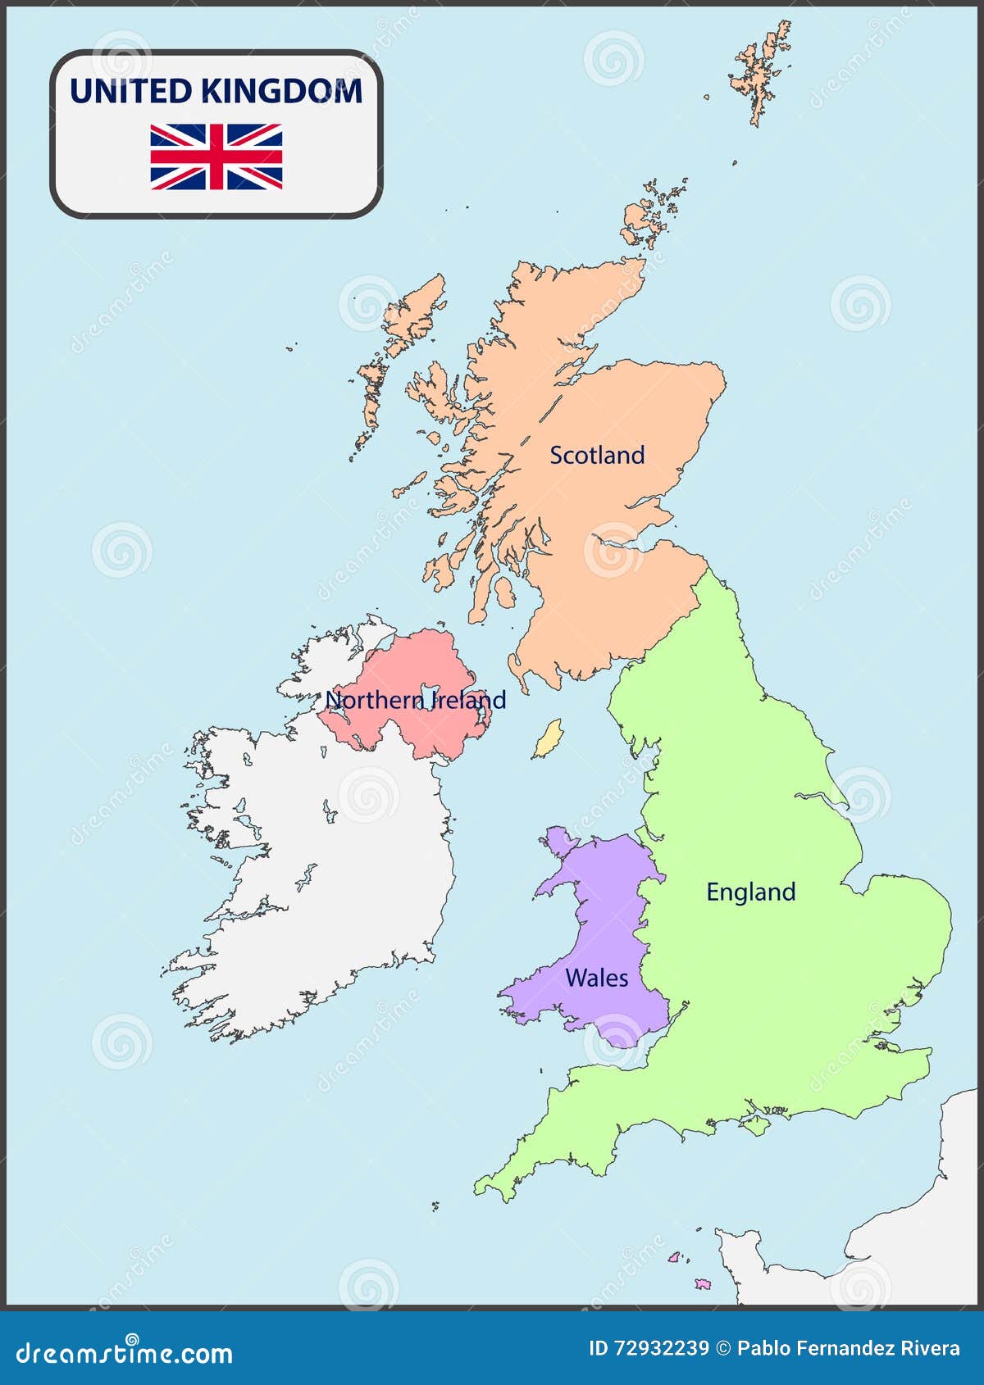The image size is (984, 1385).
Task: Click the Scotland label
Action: pos(597,455)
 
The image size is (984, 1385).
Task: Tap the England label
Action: pos(750,892)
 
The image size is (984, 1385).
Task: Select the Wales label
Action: pos(596,978)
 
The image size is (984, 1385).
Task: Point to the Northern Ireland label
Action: pos(416,700)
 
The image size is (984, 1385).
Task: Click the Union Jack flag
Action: pos(216,157)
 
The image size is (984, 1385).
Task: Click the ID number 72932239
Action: pos(649,1349)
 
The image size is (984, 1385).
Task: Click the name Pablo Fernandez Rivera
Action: pos(848,1349)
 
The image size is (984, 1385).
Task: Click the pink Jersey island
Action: pos(703,1283)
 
